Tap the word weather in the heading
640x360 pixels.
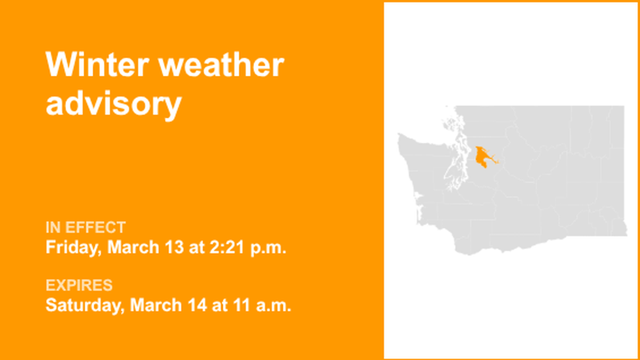tap(221, 65)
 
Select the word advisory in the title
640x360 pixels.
tap(113, 103)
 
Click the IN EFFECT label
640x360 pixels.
tap(85, 227)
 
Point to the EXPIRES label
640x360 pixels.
tap(79, 285)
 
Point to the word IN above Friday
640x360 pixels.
tap(53, 227)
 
